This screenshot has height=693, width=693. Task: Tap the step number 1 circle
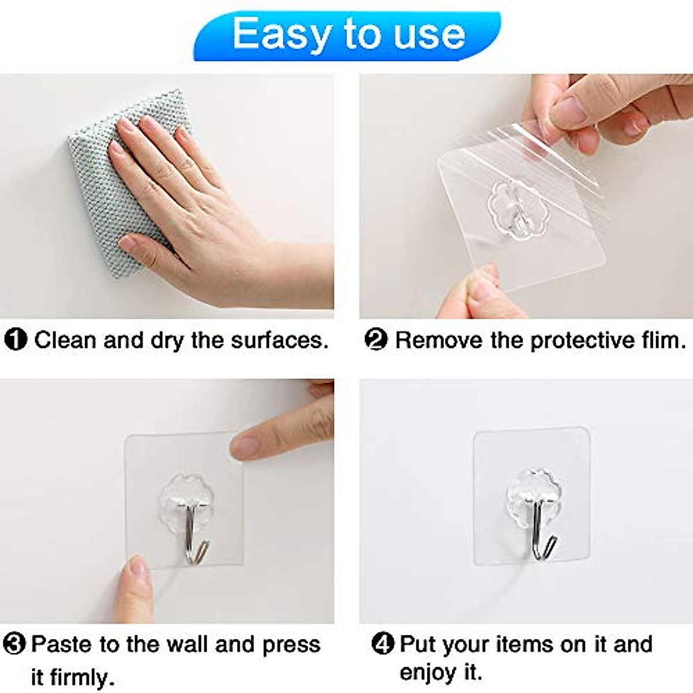(x=16, y=340)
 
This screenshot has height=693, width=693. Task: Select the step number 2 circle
(x=376, y=340)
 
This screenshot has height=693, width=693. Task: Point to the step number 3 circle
(x=14, y=644)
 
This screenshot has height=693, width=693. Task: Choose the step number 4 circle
(x=382, y=644)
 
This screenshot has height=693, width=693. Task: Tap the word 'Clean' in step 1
(x=65, y=340)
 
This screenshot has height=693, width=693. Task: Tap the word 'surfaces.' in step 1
(x=280, y=340)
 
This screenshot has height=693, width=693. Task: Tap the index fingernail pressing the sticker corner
(x=245, y=446)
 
